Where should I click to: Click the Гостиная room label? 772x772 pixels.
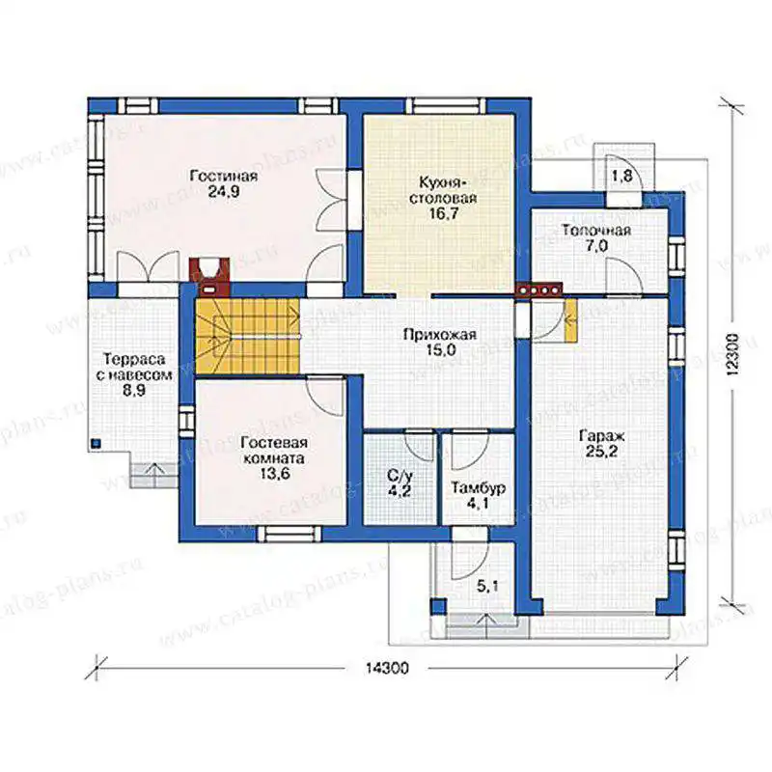[x=224, y=176]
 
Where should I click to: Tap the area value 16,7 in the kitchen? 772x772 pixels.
[x=438, y=213]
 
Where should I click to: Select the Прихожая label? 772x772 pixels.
[x=440, y=335]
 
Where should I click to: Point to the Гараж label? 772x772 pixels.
[x=601, y=436]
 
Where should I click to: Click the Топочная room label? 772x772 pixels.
[x=596, y=231]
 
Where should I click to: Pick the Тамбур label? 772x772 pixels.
[x=479, y=488]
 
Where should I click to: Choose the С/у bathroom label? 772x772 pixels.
[x=400, y=476]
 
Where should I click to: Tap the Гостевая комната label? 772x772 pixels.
[x=273, y=450]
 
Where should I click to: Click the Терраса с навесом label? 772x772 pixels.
[x=133, y=367]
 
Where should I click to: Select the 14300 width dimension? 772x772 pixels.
[x=387, y=668]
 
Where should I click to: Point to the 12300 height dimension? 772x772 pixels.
[x=733, y=355]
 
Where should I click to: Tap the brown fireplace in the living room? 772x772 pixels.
[x=209, y=276]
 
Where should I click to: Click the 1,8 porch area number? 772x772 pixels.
[x=621, y=176]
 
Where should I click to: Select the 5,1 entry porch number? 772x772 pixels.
[x=487, y=586]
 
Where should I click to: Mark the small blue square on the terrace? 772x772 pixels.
[x=96, y=443]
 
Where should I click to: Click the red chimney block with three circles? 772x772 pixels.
[x=538, y=290]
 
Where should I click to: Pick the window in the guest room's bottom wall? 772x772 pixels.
[x=289, y=534]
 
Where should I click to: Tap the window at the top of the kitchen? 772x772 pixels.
[x=446, y=106]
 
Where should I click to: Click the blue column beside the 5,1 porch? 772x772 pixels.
[x=439, y=606]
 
